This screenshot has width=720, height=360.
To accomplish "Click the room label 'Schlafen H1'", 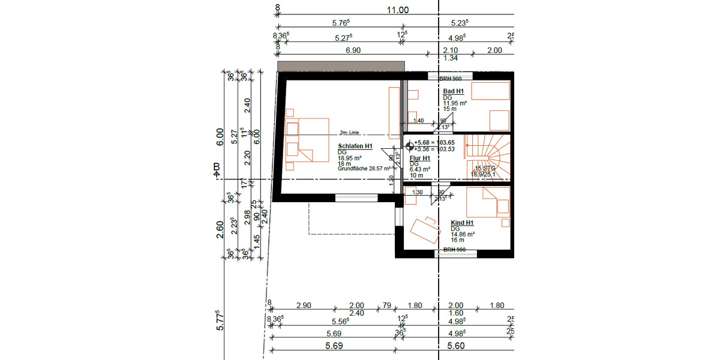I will point(355,146).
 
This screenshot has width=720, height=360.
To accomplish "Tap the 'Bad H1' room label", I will point(453,91).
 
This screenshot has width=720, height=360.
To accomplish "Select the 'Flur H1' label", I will point(420,158).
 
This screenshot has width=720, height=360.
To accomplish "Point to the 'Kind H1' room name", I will point(463,223).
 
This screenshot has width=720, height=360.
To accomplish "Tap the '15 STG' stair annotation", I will point(486,169).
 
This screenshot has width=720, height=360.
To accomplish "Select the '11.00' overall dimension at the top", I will point(397,10).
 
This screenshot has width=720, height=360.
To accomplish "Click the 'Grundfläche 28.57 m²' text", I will point(365,170).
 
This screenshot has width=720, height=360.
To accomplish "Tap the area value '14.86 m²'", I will point(463,235).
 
